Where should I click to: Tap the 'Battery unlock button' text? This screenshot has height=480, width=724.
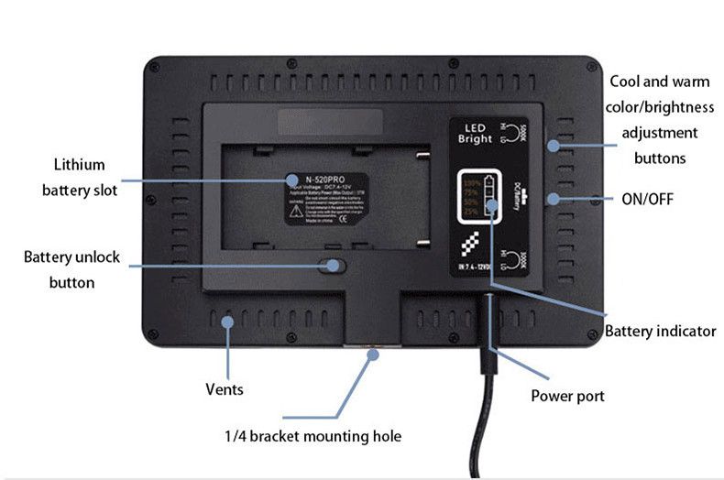[71, 269]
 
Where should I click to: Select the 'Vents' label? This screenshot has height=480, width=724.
[224, 389]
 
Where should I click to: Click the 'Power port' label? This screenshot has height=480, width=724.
[567, 397]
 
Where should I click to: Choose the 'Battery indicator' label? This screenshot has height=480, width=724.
[660, 331]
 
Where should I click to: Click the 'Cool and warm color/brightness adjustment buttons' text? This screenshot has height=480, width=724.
[660, 120]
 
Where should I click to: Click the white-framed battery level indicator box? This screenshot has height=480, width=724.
[481, 196]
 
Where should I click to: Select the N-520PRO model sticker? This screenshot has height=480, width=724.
[326, 197]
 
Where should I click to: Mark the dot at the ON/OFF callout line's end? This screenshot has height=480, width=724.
[552, 198]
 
